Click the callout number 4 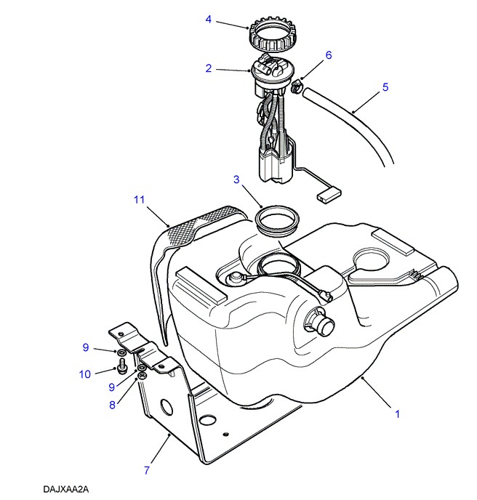209,20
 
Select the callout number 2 209,68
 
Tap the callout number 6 328,55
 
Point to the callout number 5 385,87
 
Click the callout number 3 236,179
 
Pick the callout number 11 140,198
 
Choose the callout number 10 85,374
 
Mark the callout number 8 113,405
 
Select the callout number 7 146,470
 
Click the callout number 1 398,414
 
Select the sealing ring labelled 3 277,218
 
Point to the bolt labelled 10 122,361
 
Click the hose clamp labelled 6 297,88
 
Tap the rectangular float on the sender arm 329,195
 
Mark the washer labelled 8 143,375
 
